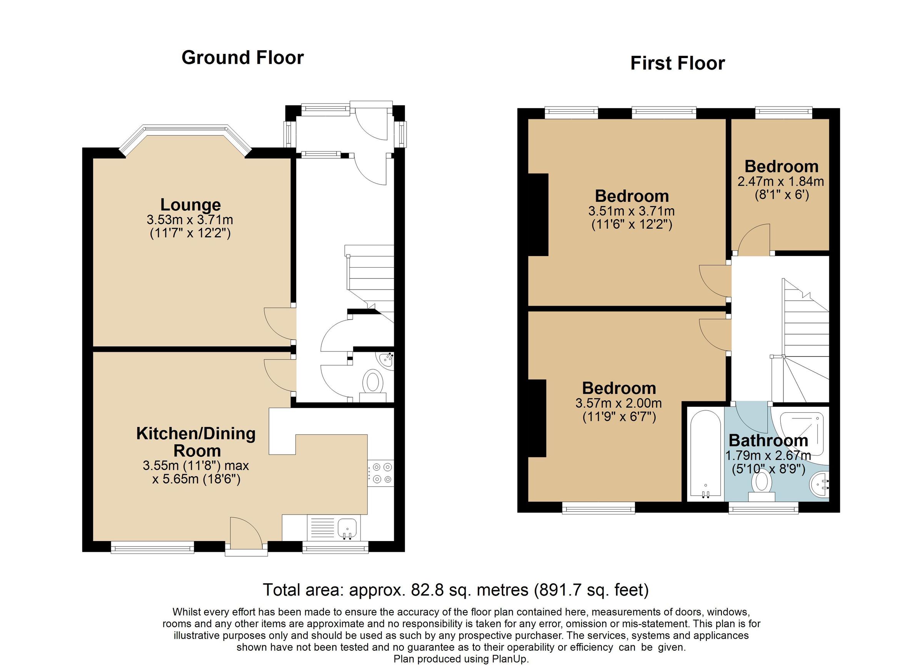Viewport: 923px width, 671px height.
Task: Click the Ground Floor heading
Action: pos(243,58)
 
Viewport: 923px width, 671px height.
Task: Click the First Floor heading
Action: pos(677,63)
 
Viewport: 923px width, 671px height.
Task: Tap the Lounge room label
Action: pos(190,205)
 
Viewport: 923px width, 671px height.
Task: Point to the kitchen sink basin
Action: pos(347,528)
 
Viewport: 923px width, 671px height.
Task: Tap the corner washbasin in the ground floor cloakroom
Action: pos(385,360)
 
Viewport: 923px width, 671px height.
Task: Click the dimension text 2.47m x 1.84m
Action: pos(781,181)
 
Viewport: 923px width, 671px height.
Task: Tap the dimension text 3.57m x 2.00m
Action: pos(618,403)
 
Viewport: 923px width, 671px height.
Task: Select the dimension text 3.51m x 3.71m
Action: pos(631,211)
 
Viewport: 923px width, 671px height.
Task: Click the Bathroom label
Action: pos(768,441)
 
